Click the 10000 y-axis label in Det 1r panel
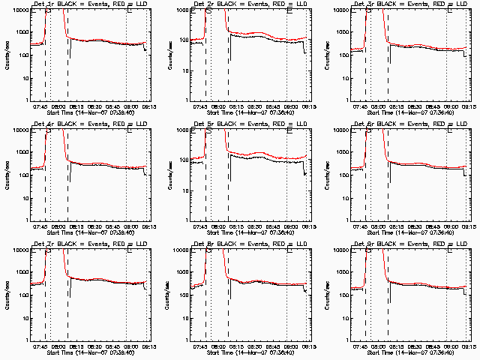click(19, 10)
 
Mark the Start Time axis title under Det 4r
click(87, 232)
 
